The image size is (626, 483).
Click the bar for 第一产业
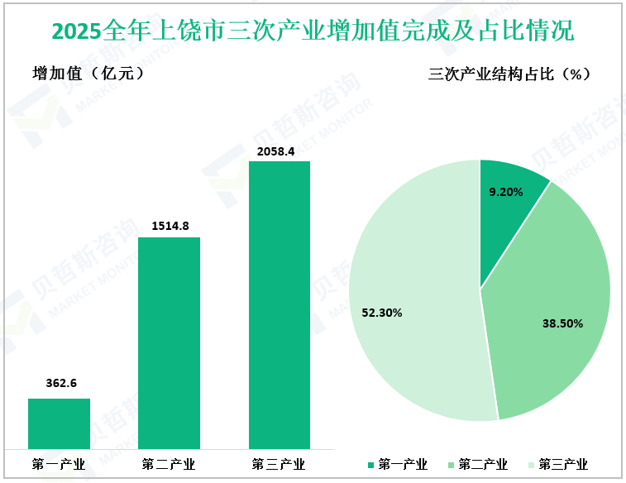(x=59, y=423)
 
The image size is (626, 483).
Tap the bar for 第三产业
(x=280, y=305)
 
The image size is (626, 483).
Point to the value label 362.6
(x=59, y=383)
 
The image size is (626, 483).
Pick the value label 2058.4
(x=280, y=150)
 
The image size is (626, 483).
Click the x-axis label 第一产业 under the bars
(x=59, y=464)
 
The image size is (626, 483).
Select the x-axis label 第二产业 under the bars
(x=169, y=464)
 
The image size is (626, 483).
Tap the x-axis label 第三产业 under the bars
(x=280, y=464)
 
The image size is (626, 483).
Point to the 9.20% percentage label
(x=506, y=192)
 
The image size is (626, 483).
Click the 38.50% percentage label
(x=562, y=323)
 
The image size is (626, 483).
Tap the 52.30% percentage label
(x=382, y=313)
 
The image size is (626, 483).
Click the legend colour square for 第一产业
(x=370, y=465)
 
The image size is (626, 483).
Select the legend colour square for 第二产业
(x=451, y=465)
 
